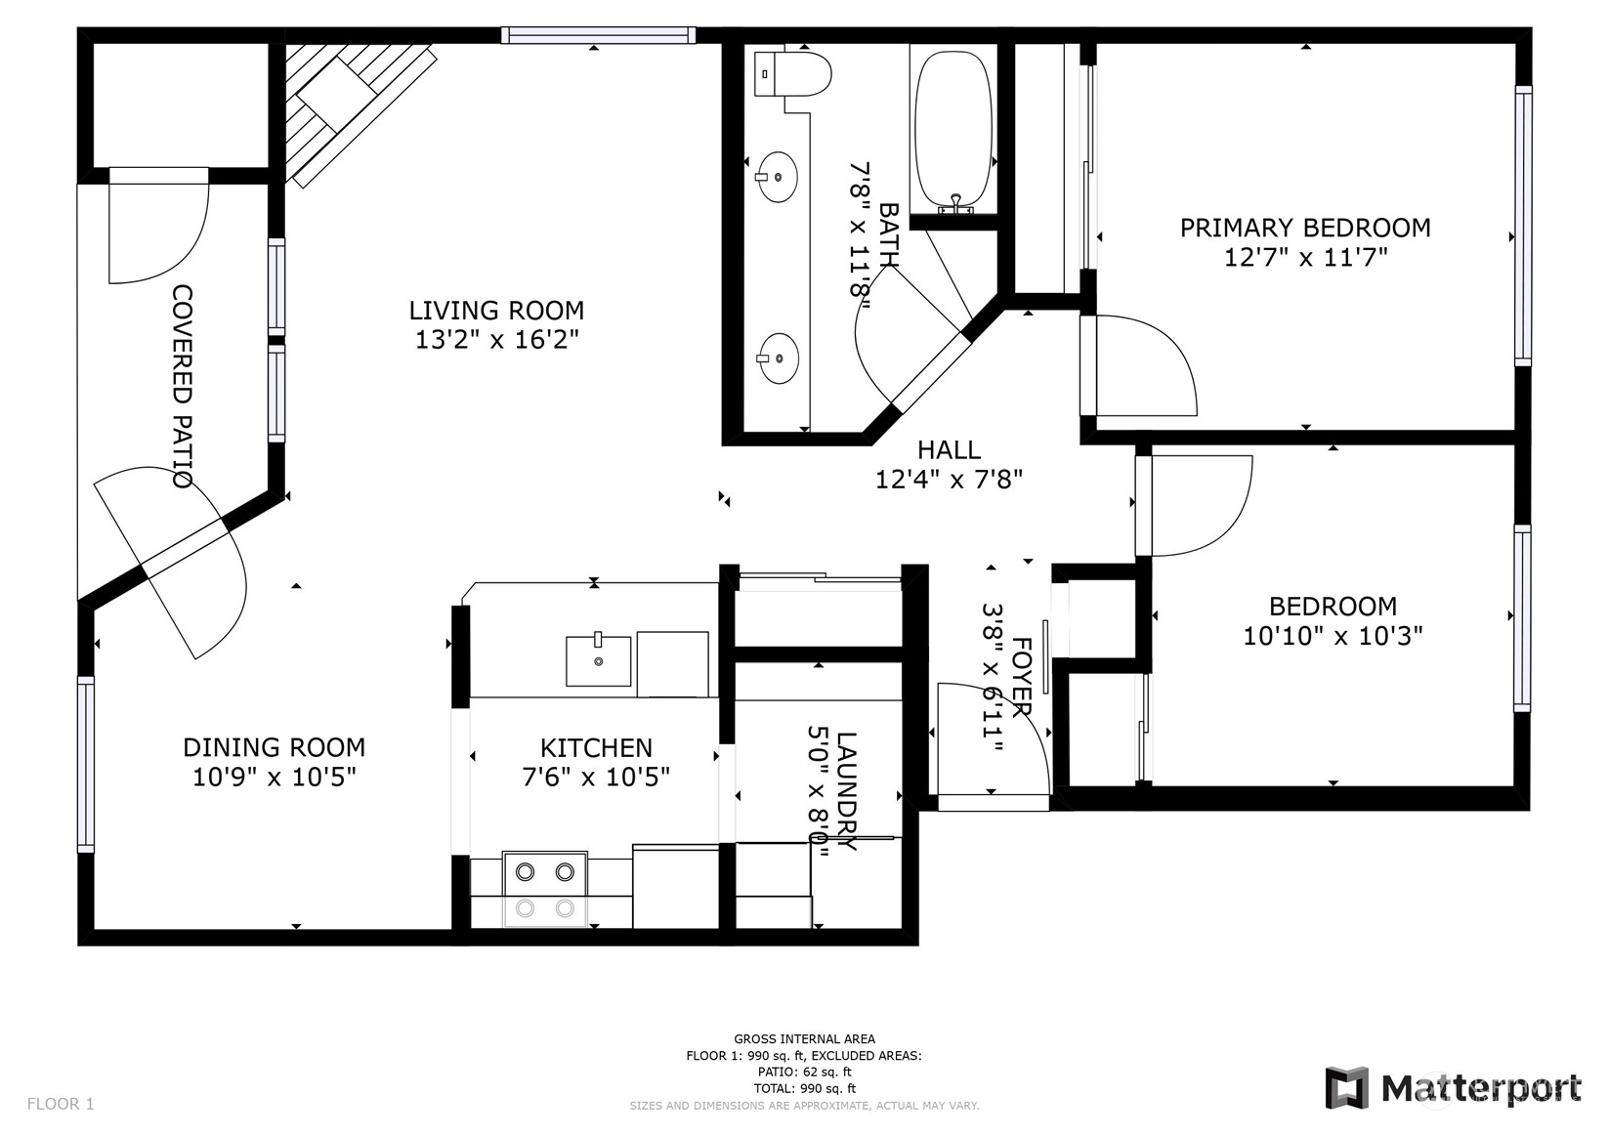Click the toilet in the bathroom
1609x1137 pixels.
coord(793,73)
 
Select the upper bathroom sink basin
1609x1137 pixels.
coord(778,177)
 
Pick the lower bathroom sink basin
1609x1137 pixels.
coord(778,358)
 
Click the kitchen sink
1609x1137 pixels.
coord(598,659)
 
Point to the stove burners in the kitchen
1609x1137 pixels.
coord(545,890)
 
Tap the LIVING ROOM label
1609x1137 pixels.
coord(496,311)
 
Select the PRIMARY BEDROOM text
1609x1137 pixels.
coord(1305,228)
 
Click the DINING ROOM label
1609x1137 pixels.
coord(274,747)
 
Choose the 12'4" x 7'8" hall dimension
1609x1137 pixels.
coord(949,479)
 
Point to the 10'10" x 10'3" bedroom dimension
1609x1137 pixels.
coord(1333,636)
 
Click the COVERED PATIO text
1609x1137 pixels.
coord(183,387)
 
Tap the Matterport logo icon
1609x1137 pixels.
coord(1348,1087)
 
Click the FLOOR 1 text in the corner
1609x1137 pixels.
coord(61,1104)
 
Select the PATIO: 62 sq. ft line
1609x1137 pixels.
coord(804,1073)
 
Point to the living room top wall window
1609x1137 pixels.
coord(598,35)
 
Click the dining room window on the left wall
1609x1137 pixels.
coord(85,764)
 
